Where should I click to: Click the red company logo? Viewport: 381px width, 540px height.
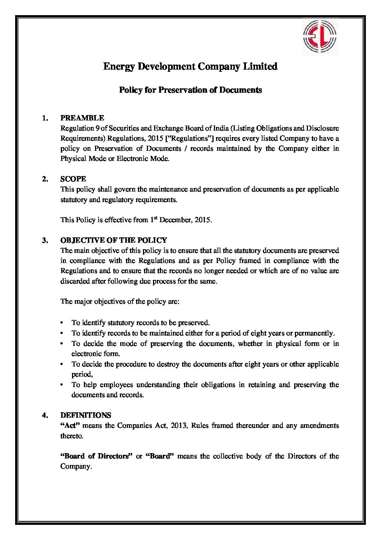click(320, 37)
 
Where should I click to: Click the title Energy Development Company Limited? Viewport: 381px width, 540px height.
click(190, 66)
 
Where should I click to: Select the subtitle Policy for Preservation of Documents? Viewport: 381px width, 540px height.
click(190, 90)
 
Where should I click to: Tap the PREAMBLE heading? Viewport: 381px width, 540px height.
click(82, 118)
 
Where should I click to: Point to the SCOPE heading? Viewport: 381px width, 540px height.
click(73, 179)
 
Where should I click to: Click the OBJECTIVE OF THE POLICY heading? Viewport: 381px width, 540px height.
click(113, 240)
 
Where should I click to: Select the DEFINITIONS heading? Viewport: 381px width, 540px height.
click(86, 415)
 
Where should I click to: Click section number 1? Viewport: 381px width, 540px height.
click(45, 118)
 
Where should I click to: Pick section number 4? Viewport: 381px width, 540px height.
click(45, 415)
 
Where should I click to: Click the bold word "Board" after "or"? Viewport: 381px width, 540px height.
click(160, 456)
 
